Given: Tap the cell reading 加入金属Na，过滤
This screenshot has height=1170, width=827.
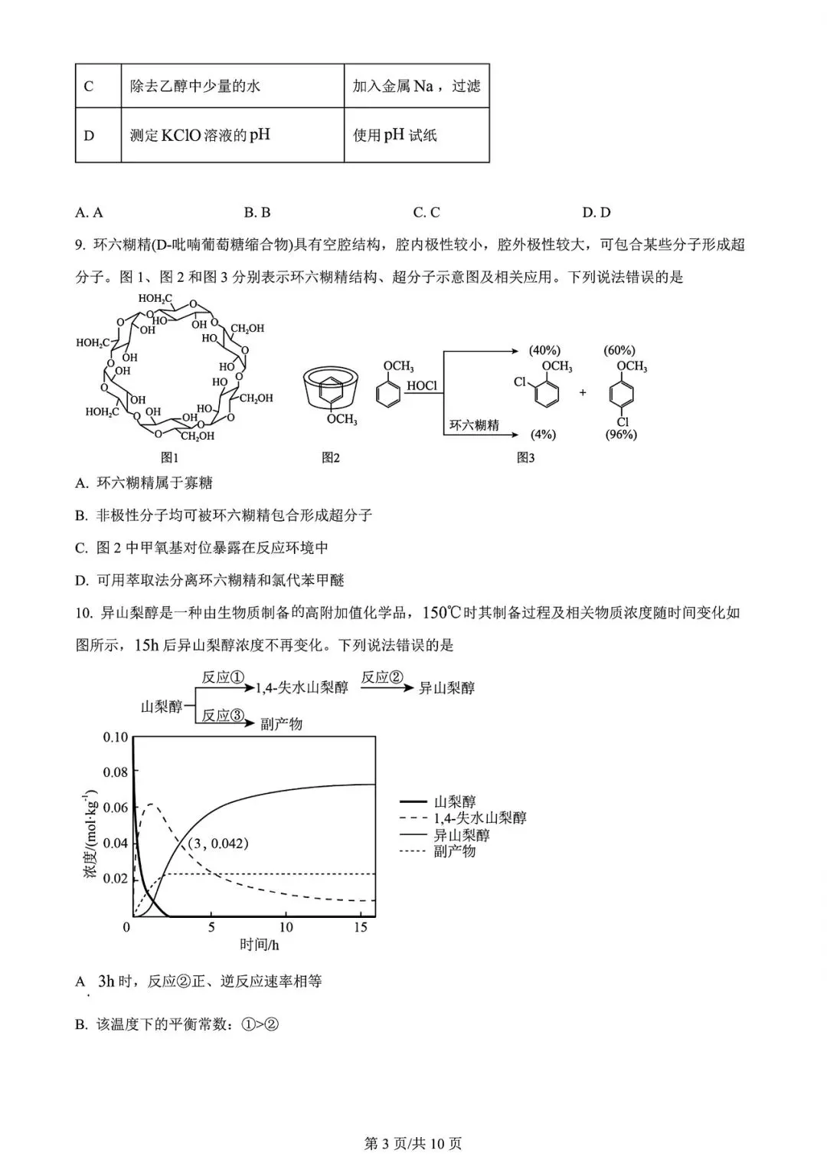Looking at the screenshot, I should [416, 86].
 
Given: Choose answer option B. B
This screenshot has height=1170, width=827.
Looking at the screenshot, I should [257, 212].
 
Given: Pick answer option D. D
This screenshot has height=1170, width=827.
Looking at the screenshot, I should [596, 212].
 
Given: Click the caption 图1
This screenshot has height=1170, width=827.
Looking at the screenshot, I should [169, 457].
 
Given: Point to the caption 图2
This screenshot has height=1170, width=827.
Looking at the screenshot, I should [331, 457].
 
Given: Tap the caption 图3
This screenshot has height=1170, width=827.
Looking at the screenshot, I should [525, 457].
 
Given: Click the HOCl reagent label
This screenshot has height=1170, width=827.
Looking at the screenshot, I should [422, 385].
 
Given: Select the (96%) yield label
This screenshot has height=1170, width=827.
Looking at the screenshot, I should [621, 434].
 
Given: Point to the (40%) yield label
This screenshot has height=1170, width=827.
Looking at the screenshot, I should [544, 350].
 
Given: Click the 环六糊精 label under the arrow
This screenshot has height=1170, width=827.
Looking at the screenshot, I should [474, 424].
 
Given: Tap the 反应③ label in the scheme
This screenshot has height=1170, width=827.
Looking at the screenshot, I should [222, 716].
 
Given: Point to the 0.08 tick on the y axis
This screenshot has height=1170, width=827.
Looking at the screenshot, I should [116, 772].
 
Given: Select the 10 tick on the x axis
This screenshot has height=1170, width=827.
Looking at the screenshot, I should [286, 927].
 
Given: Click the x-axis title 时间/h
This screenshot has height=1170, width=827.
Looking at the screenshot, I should [260, 945].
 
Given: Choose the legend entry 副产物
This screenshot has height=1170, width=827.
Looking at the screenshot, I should [454, 851].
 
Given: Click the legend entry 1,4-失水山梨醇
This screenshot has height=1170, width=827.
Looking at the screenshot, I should [480, 818].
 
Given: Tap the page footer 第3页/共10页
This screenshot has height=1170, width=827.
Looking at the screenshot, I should [413, 1144].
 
